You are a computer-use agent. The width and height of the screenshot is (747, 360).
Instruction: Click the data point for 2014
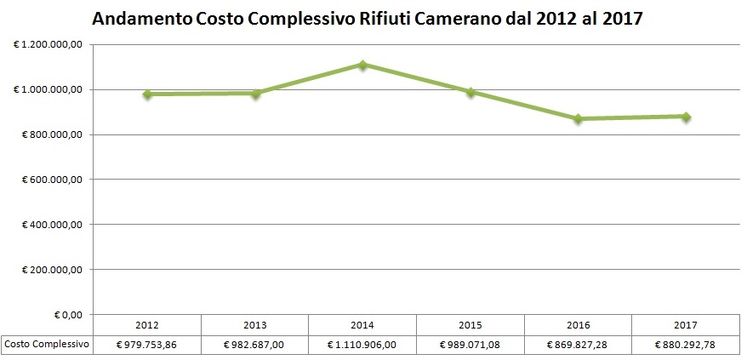tap(362, 65)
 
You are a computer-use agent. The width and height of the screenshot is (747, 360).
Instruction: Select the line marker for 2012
tap(148, 94)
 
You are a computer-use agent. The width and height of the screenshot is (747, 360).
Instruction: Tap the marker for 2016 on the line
tap(578, 119)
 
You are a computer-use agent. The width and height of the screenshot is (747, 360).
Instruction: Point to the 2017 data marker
tap(686, 117)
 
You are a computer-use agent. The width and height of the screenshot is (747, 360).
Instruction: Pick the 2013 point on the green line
tap(255, 94)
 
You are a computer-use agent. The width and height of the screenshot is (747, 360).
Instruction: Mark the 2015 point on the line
tap(470, 92)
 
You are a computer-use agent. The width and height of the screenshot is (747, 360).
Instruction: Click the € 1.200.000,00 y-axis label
tap(48, 44)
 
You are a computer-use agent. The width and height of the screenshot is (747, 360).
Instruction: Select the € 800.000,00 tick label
tap(51, 134)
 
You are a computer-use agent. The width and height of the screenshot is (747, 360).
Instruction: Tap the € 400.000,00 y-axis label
tap(51, 225)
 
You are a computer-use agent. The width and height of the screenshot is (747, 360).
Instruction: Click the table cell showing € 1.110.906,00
tap(362, 345)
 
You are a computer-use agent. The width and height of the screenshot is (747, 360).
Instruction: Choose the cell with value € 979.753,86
tap(148, 345)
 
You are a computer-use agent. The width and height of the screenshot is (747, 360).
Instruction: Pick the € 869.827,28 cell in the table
tap(578, 345)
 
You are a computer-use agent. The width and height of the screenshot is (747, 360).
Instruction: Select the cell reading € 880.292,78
tap(686, 345)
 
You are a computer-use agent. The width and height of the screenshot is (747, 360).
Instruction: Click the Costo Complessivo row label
tap(47, 345)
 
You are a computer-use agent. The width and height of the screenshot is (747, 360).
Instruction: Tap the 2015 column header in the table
tap(470, 325)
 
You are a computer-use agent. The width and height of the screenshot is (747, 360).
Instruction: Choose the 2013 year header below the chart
tap(255, 325)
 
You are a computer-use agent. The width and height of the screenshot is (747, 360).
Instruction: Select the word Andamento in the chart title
tap(140, 19)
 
